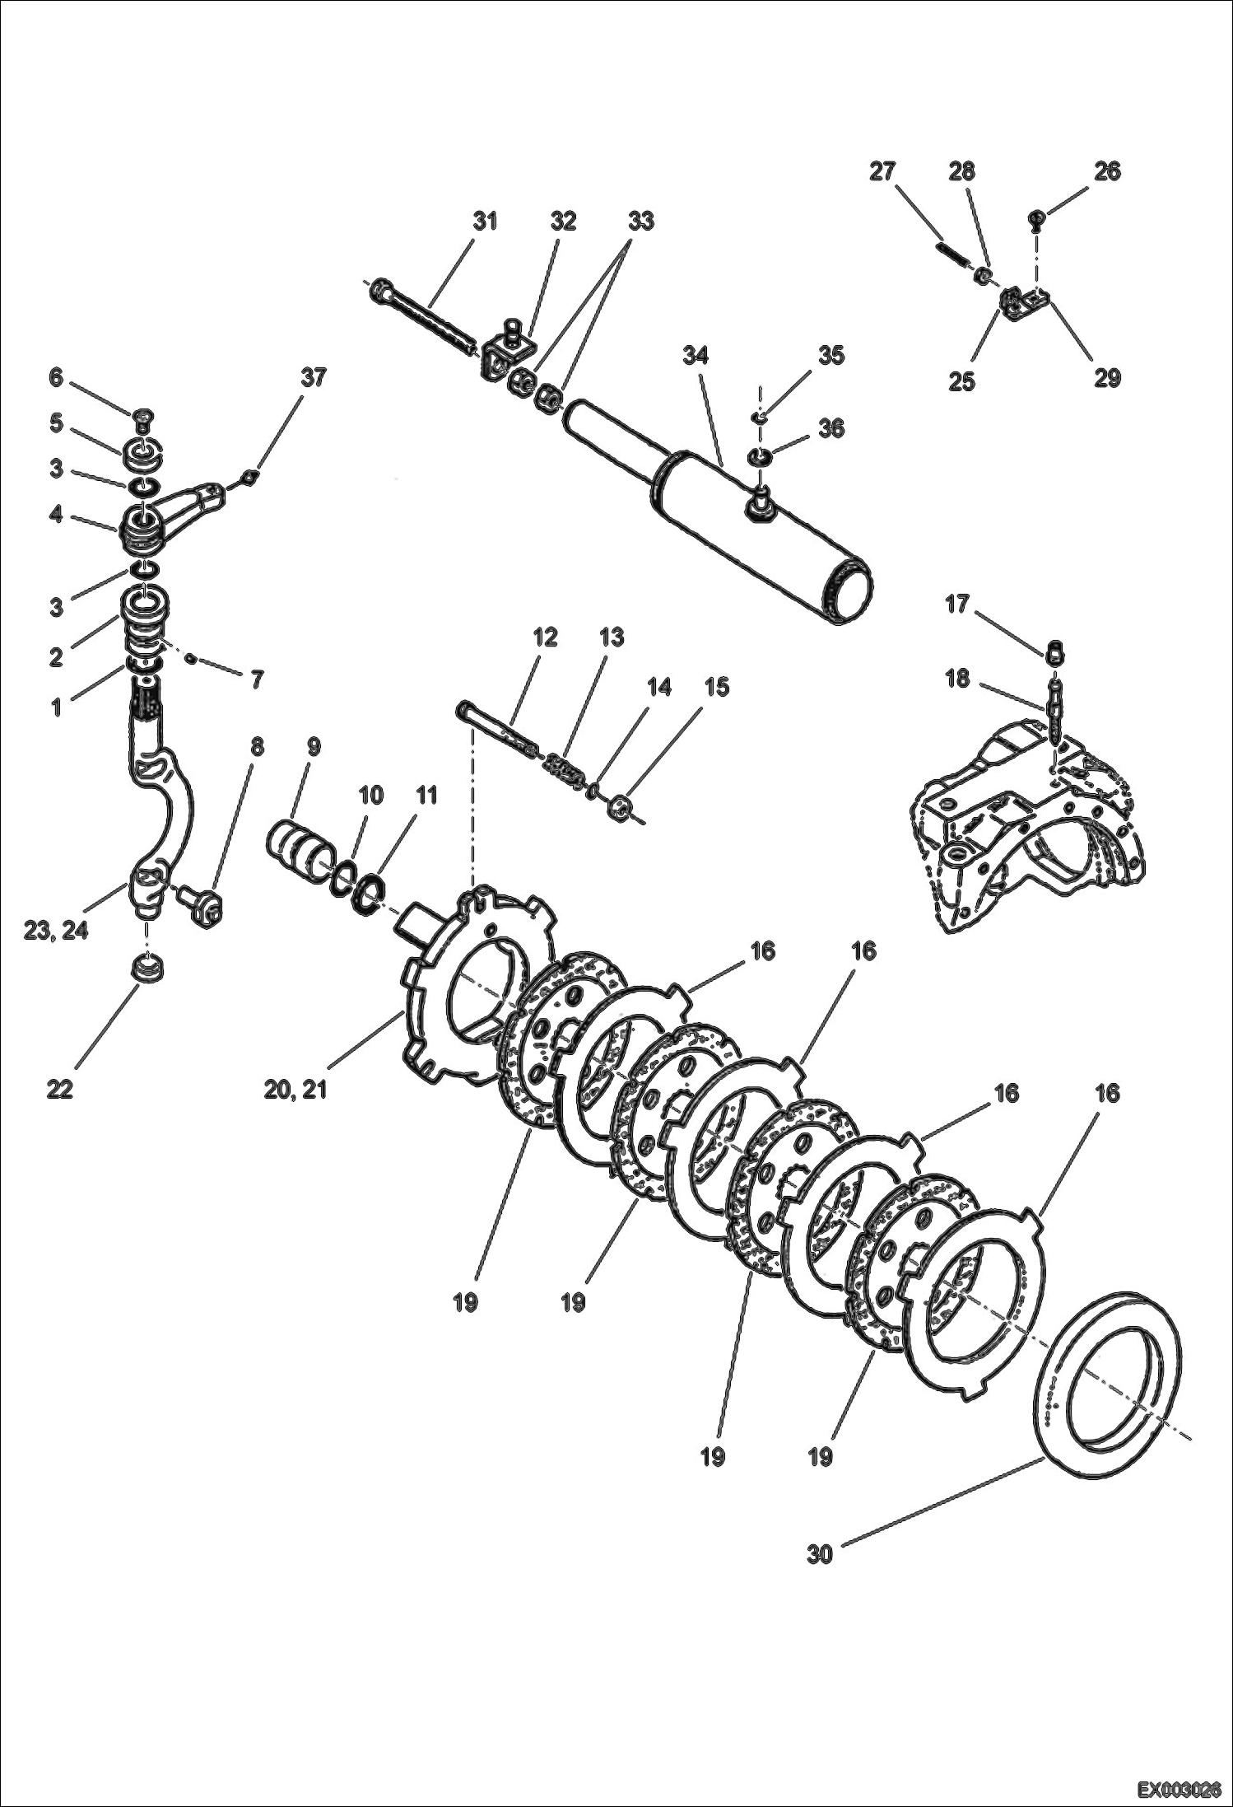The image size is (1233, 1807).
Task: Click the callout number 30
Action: (820, 1555)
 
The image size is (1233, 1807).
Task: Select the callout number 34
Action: (696, 356)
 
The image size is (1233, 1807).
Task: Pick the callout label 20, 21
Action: (295, 1089)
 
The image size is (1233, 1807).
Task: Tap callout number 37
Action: (313, 378)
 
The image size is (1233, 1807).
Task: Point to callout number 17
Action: (957, 605)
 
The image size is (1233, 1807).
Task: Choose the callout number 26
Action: (1107, 171)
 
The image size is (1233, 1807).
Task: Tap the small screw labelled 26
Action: (1036, 219)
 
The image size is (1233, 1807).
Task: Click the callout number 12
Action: (545, 637)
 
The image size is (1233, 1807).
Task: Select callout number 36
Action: (831, 428)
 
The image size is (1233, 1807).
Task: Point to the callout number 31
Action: (485, 221)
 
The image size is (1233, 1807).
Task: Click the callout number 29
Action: (1107, 378)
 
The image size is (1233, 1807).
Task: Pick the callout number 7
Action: (257, 680)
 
